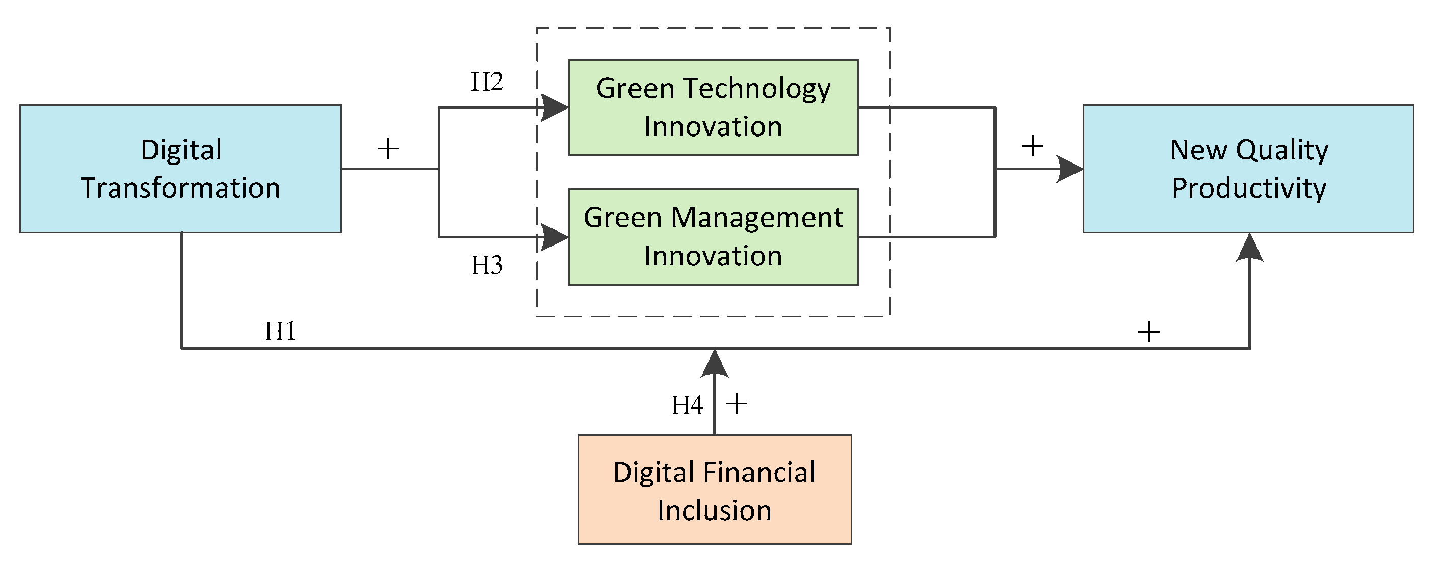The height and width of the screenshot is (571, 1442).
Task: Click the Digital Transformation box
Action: coord(180,168)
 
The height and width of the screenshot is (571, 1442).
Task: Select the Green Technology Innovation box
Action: coord(713,107)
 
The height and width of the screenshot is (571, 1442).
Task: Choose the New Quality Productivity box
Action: coord(1248,168)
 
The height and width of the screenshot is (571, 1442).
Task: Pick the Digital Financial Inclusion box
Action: coord(714,490)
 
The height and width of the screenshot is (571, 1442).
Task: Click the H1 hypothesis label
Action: coord(279,331)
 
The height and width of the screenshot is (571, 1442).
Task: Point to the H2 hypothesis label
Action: coord(486,81)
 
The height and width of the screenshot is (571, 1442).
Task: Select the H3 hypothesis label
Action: coord(486,265)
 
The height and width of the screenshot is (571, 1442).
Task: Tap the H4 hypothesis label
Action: coord(687,405)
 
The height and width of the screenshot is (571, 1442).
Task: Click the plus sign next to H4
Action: coord(737,404)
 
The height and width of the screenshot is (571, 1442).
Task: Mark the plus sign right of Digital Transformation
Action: coord(388,149)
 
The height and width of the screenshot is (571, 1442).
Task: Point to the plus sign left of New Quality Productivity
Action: coord(1032,147)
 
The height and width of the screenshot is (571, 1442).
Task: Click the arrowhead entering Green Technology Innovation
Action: coord(555,107)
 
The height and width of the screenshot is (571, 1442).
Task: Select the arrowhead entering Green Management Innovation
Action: coord(555,237)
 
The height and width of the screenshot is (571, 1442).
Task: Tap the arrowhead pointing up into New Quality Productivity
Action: coord(1249,248)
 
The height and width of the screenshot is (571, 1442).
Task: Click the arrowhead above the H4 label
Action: coord(715,364)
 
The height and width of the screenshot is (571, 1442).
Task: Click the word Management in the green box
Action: coord(757,217)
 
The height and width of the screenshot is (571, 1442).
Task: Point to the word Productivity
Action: coord(1249,188)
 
